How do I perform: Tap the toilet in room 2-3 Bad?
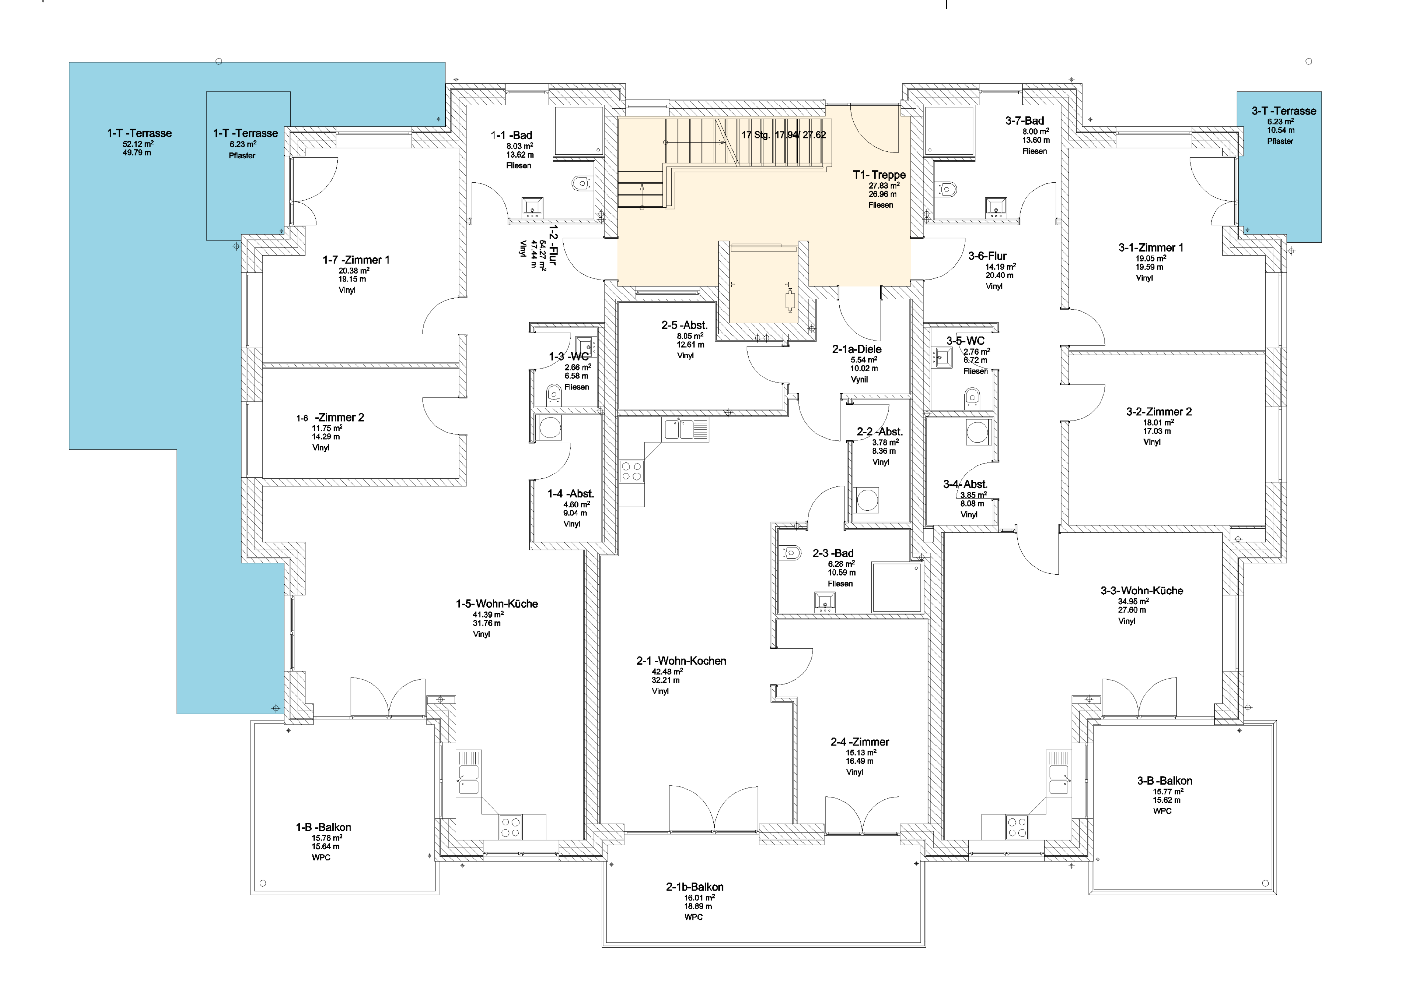tap(791, 553)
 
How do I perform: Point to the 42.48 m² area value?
tap(667, 672)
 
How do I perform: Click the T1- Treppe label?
tap(879, 175)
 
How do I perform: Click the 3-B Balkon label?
tap(1165, 781)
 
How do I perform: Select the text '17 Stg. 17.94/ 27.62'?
tap(784, 135)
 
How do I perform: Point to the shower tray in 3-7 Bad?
tap(949, 131)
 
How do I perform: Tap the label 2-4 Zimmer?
tap(860, 742)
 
